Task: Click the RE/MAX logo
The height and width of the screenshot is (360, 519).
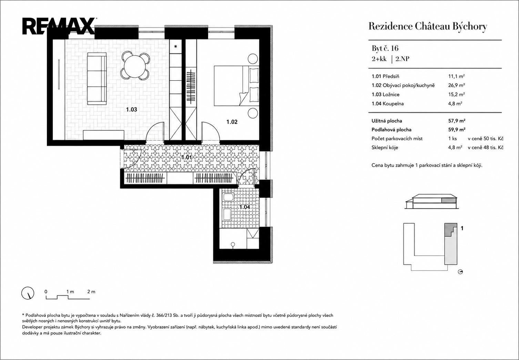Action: (59, 26)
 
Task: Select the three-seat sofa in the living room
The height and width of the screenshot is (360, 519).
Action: (97, 79)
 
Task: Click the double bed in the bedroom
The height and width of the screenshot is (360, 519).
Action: (236, 86)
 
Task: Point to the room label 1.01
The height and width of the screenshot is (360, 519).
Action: (186, 157)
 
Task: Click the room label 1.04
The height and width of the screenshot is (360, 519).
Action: (245, 207)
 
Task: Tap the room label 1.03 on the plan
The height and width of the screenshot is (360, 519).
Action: (131, 109)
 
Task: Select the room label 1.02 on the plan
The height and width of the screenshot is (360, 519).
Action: (232, 122)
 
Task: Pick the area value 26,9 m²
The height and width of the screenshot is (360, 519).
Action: (456, 85)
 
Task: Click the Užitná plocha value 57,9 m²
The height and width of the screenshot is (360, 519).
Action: (457, 121)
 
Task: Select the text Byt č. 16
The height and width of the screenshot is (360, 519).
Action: (385, 48)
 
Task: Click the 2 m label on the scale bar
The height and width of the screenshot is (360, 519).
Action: (91, 292)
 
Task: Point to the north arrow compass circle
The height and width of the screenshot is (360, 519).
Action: (28, 293)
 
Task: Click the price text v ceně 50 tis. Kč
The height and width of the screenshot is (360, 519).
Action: (486, 138)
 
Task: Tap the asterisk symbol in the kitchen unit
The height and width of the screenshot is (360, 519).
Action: (176, 46)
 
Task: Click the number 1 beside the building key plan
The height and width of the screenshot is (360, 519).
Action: (462, 228)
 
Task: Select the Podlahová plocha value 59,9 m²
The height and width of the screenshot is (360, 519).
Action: (457, 130)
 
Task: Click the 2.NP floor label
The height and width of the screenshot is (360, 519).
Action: (402, 59)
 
